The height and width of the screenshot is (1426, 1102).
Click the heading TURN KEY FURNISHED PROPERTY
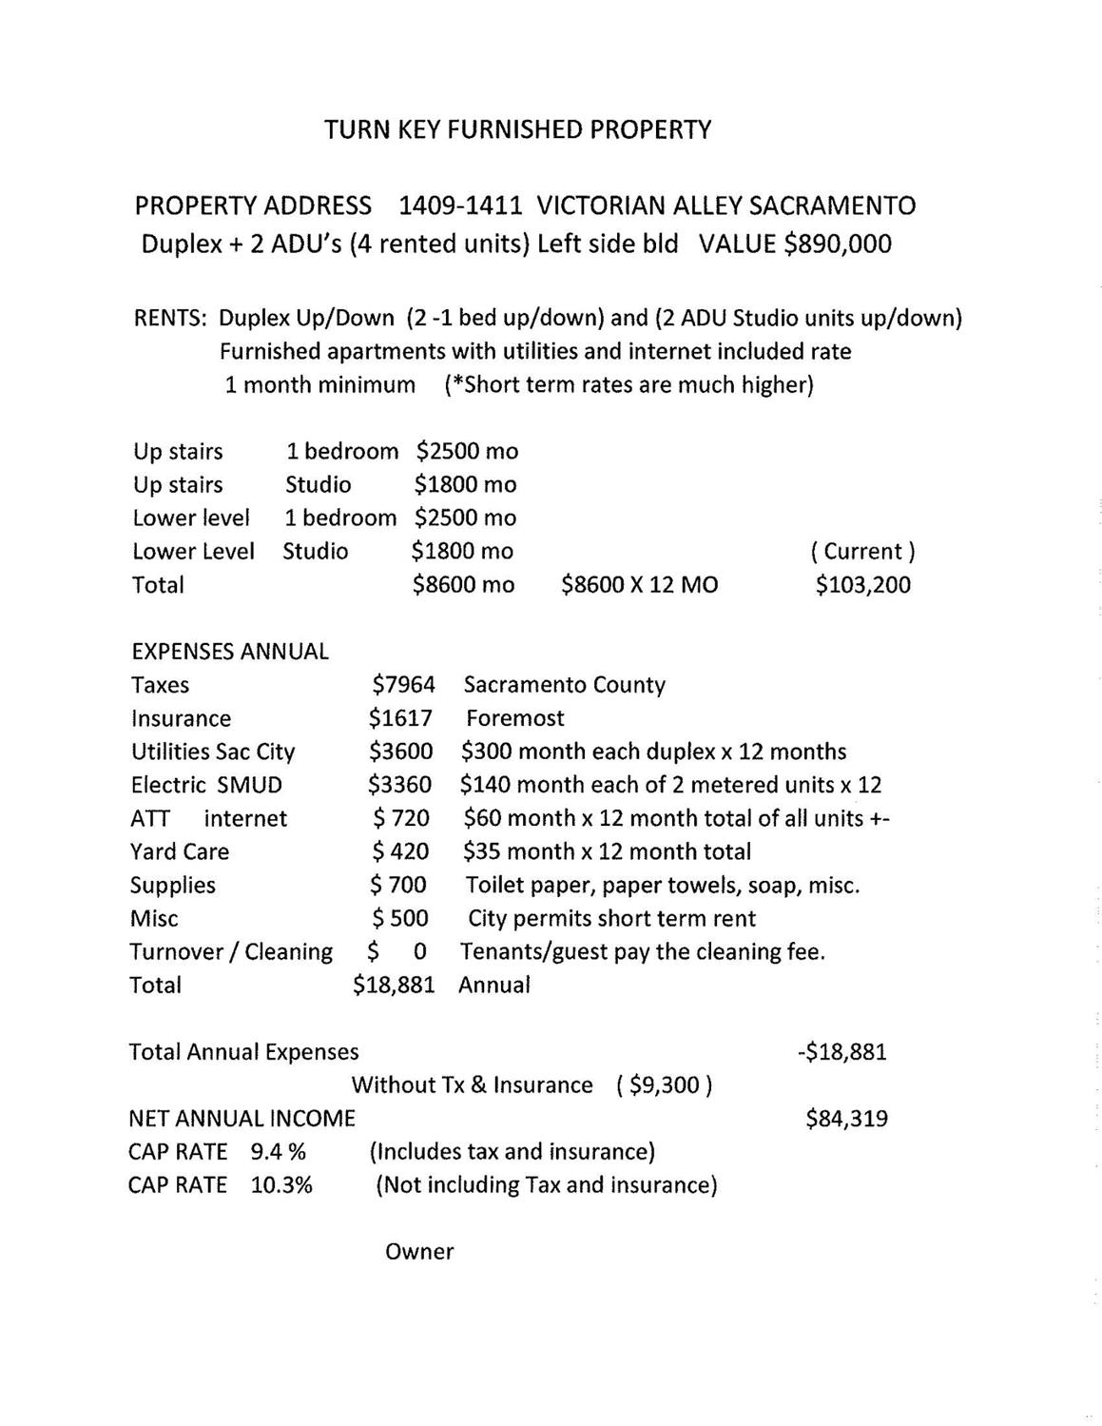coord(517,129)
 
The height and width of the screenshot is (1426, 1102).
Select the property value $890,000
coord(838,244)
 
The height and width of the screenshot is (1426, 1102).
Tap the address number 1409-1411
coord(460,205)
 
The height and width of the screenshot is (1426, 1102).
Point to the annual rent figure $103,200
coord(862,585)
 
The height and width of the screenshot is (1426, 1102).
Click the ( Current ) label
coord(862,552)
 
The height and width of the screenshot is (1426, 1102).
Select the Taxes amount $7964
coord(403,685)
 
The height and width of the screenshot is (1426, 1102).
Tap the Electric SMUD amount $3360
coord(400,785)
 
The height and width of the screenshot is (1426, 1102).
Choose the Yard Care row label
coord(180,851)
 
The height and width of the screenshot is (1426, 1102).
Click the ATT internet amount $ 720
coord(401,818)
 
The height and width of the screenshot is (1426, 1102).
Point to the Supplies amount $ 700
coord(398,885)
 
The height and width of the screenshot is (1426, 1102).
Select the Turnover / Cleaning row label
coord(231,951)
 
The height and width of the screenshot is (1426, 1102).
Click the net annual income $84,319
coord(846,1119)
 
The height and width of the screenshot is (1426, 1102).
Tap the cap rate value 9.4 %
coord(278,1152)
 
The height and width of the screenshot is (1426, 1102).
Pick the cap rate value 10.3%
coord(281,1185)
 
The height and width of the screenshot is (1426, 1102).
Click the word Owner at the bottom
coord(419,1252)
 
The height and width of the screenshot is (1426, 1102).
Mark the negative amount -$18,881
coord(842,1052)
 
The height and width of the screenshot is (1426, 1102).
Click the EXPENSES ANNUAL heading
coord(229,652)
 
